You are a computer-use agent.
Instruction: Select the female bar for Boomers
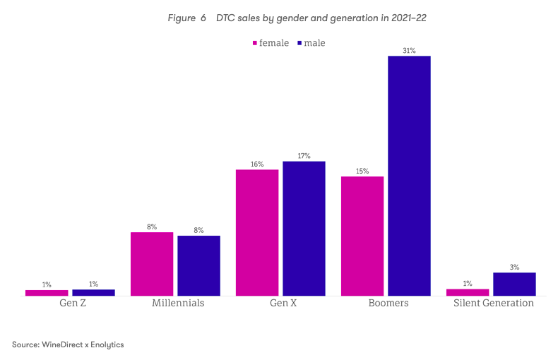pos(362,236)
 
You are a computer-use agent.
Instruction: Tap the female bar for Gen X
pos(257,232)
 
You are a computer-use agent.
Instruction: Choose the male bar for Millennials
pos(198,265)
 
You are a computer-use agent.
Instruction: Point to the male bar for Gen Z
pos(93,292)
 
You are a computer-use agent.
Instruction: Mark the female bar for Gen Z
pos(47,292)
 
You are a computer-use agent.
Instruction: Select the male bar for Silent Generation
pos(514,284)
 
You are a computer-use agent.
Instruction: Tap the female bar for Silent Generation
pos(468,292)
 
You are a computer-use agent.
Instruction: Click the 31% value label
pos(409,51)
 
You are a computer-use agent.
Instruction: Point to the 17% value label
pos(304,156)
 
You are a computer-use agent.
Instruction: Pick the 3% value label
pos(514,268)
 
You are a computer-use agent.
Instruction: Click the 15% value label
pos(362,171)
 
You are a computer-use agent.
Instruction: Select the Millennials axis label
pos(178,304)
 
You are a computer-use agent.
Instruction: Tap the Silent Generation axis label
pos(493,304)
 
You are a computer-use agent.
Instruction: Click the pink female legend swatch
pos(254,43)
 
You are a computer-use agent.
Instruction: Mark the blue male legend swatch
pos(299,43)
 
